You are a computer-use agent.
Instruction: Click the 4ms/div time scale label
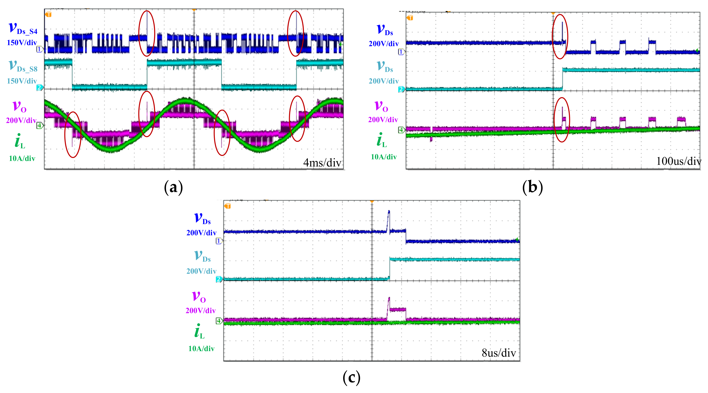click(x=322, y=163)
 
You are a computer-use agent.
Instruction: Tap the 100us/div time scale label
click(x=678, y=161)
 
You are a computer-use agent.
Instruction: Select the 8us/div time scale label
click(x=499, y=353)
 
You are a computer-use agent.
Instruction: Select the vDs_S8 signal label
click(x=23, y=66)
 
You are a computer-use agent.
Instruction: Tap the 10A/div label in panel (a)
click(x=22, y=159)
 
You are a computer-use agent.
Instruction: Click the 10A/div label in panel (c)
click(x=201, y=348)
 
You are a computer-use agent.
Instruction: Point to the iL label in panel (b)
click(x=381, y=140)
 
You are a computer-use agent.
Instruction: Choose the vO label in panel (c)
click(x=199, y=297)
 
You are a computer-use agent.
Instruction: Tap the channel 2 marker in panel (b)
click(x=401, y=89)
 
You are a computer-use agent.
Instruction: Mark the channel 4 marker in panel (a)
click(x=40, y=125)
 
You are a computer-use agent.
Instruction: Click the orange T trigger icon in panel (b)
click(x=410, y=18)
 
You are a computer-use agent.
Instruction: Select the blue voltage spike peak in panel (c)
click(x=389, y=211)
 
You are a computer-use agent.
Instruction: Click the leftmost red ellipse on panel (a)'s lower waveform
click(x=73, y=135)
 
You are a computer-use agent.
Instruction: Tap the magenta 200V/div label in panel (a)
click(x=21, y=120)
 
